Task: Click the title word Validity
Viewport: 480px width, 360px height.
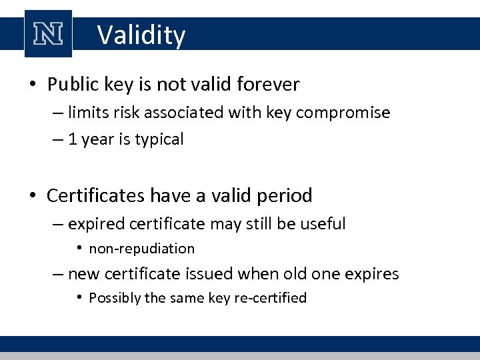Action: point(141,35)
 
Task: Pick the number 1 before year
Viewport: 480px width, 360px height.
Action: point(73,140)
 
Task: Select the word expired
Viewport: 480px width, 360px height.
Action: point(92,224)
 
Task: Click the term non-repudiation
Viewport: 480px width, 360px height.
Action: point(142,249)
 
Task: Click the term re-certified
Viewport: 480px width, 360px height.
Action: point(270,298)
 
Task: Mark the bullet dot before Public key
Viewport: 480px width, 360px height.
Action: point(33,85)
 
